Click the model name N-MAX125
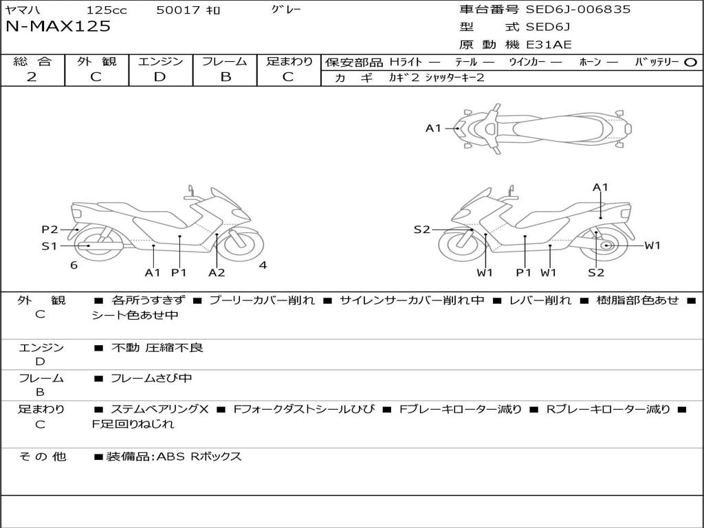pos(58,27)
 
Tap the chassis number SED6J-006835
pos(577,10)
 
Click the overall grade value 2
pos(32,77)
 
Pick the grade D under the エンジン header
pos(160,77)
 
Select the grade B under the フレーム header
pos(225,77)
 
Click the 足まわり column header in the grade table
pos(289,61)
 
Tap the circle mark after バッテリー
pos(691,62)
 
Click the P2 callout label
pos(49,230)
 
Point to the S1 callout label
pos(49,246)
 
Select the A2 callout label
pos(217,273)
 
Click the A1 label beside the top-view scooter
pos(433,128)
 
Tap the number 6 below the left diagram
pos(74,265)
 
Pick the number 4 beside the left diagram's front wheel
pos(263,265)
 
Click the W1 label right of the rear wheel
pos(652,245)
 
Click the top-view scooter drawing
pos(543,128)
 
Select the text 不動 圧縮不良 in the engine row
pos(157,348)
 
